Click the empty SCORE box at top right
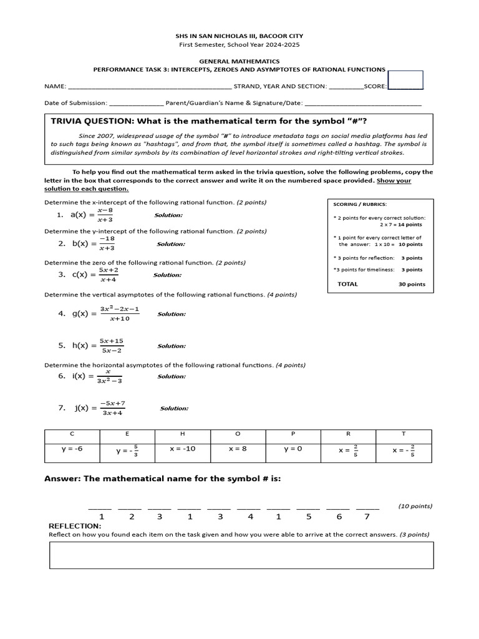tap(405, 80)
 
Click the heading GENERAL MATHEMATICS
tap(239, 62)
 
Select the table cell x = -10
tap(182, 449)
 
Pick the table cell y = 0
tap(293, 449)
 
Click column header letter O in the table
tap(238, 433)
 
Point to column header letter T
tap(403, 433)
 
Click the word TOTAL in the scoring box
tap(347, 284)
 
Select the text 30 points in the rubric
tap(412, 284)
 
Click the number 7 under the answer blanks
tap(367, 517)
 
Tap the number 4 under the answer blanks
tap(250, 517)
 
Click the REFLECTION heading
tap(74, 526)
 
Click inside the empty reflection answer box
tap(241, 555)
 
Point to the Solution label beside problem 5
tap(171, 346)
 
